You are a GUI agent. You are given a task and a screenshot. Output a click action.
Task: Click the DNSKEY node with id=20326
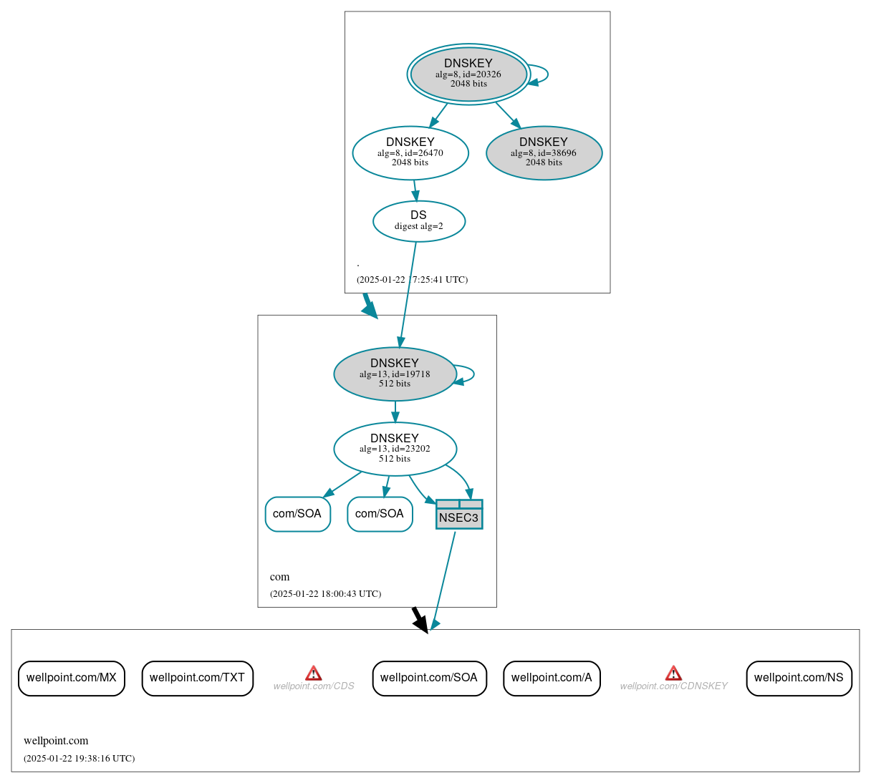click(x=468, y=74)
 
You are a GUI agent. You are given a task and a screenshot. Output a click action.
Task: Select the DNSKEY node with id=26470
click(x=410, y=152)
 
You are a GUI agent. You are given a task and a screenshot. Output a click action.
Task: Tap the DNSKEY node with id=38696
click(x=544, y=152)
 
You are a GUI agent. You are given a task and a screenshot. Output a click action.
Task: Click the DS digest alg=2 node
click(x=419, y=221)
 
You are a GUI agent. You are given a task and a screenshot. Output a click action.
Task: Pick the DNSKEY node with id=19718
click(x=395, y=374)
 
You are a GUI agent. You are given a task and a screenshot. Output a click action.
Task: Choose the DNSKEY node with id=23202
click(x=395, y=449)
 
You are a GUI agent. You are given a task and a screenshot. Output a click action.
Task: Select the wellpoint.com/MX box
click(x=72, y=678)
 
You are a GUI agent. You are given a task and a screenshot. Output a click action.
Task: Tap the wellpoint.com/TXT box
click(x=197, y=678)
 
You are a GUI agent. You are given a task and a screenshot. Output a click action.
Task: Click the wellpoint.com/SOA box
click(x=429, y=678)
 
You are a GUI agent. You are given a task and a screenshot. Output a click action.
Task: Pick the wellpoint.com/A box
click(x=552, y=678)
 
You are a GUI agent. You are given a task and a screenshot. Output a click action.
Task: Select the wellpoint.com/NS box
click(x=799, y=678)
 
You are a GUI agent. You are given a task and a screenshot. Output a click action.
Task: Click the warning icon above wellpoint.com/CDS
click(x=314, y=673)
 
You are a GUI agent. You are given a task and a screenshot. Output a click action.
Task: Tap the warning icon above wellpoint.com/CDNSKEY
click(x=673, y=673)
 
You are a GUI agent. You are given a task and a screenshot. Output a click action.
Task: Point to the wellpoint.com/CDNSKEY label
click(x=673, y=686)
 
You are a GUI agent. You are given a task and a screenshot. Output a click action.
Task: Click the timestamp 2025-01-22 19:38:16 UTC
click(x=79, y=759)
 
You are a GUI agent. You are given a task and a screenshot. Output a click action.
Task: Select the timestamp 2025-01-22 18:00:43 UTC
click(x=325, y=594)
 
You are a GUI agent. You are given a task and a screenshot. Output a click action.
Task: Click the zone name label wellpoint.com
click(x=56, y=741)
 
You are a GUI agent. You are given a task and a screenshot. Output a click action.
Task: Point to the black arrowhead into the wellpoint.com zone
click(x=422, y=624)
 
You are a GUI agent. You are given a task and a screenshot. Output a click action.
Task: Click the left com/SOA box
click(x=297, y=514)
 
